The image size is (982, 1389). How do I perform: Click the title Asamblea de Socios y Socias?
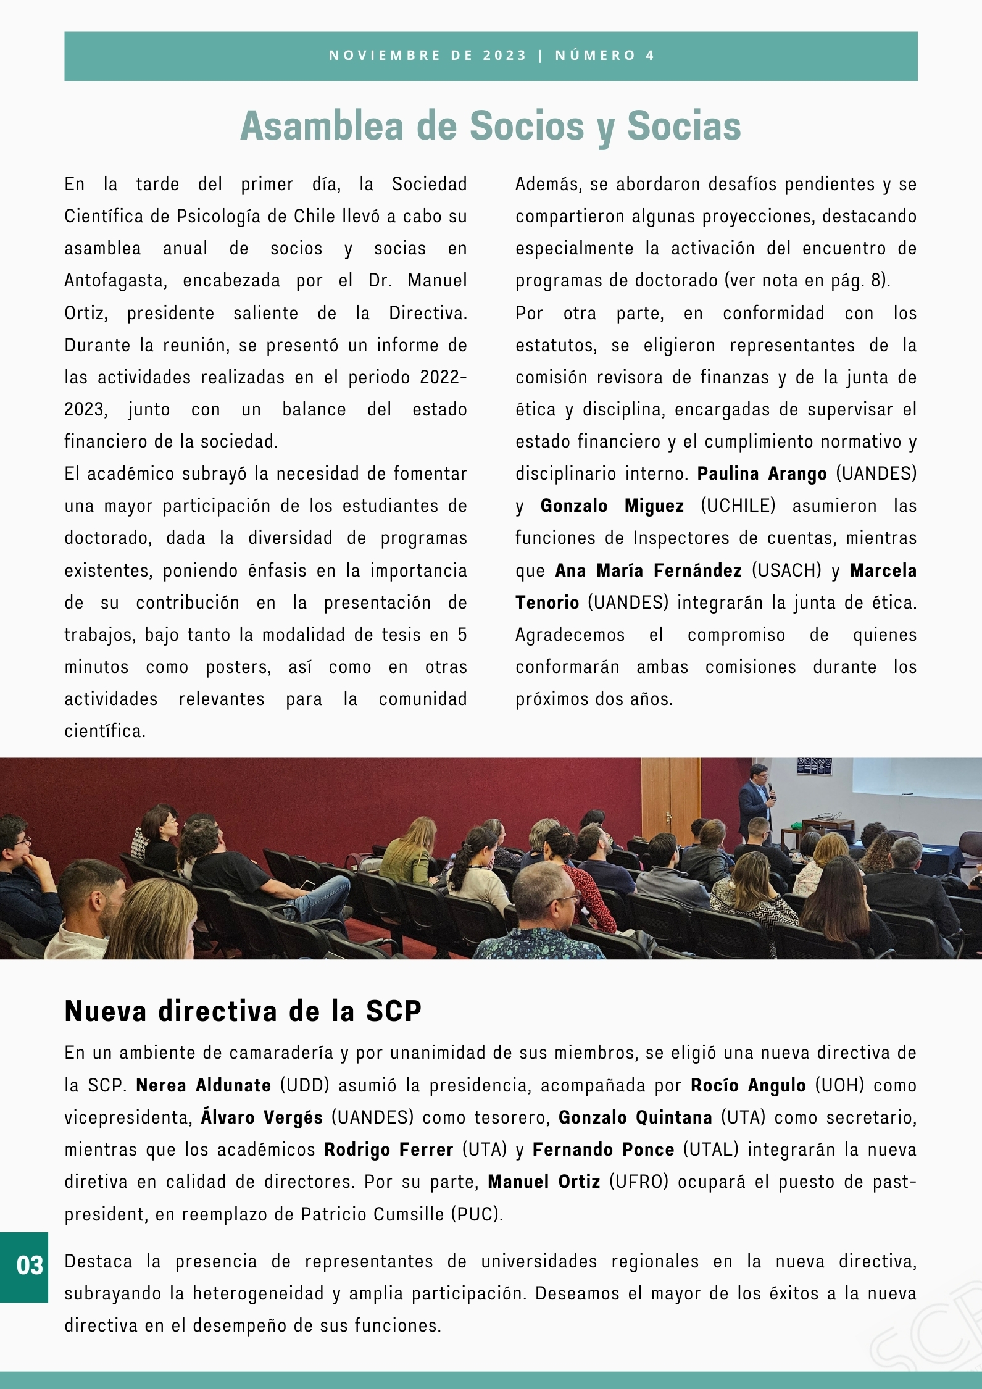point(491,126)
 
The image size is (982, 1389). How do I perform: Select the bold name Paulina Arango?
point(762,473)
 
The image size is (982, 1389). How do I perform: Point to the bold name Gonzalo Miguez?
point(612,506)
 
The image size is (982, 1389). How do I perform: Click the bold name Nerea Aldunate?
point(203,1085)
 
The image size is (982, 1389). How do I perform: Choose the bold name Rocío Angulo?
point(748,1085)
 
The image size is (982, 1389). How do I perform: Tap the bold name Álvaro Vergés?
point(262,1117)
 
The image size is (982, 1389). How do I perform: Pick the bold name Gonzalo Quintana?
point(635,1117)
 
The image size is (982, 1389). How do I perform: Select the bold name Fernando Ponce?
point(603,1149)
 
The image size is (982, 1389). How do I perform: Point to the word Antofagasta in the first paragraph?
point(115,280)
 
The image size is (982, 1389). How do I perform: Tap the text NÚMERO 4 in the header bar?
point(604,56)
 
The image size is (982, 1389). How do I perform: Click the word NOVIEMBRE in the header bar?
point(385,56)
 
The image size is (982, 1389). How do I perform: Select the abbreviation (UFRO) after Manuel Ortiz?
point(639,1181)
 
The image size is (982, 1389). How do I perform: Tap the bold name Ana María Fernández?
point(648,570)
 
